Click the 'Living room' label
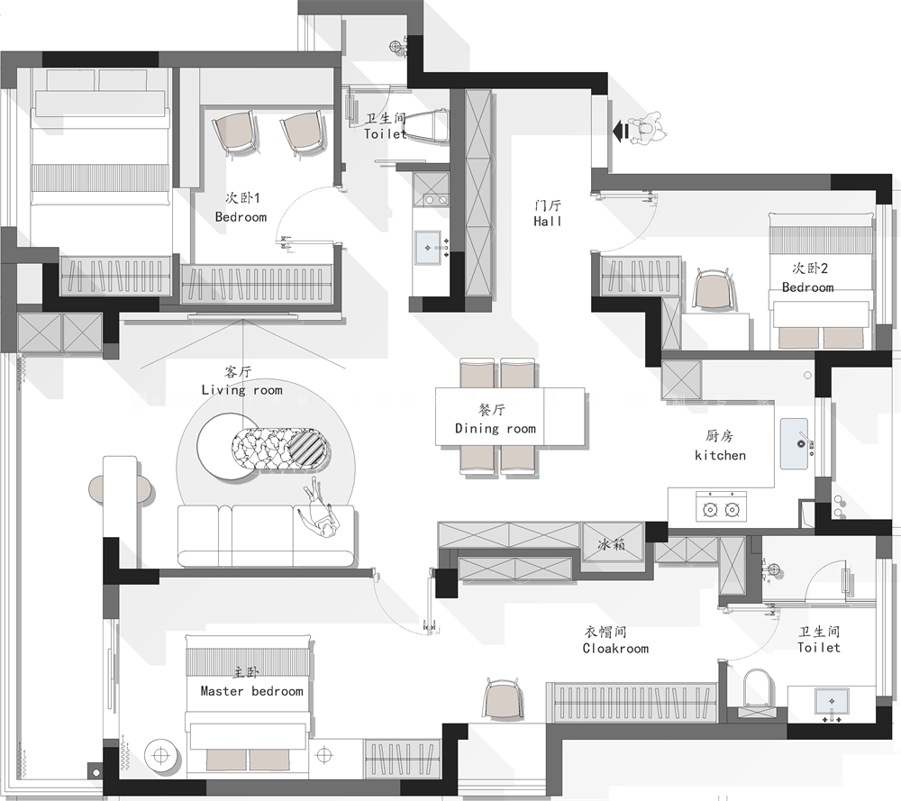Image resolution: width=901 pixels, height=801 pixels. coord(241,390)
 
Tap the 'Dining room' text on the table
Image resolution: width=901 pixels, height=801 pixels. coord(496,429)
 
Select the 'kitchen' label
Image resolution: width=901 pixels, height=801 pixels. coord(720,456)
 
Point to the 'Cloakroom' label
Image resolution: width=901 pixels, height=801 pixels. coord(615,649)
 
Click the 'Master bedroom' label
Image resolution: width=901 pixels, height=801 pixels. coord(251,691)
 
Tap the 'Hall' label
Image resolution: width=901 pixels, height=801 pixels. coord(547,222)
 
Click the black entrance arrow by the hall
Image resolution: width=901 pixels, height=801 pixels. coord(621,132)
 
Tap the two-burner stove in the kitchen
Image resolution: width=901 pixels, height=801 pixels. coord(722,506)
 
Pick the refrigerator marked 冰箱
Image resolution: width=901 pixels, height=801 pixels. coord(612,543)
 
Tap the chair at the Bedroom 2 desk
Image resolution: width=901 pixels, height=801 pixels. coord(714,289)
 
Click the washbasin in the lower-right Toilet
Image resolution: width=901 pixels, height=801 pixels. coord(832,702)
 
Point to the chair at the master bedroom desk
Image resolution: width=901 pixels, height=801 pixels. coord(504,698)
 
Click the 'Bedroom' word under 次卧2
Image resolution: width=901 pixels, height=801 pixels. coord(808,287)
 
